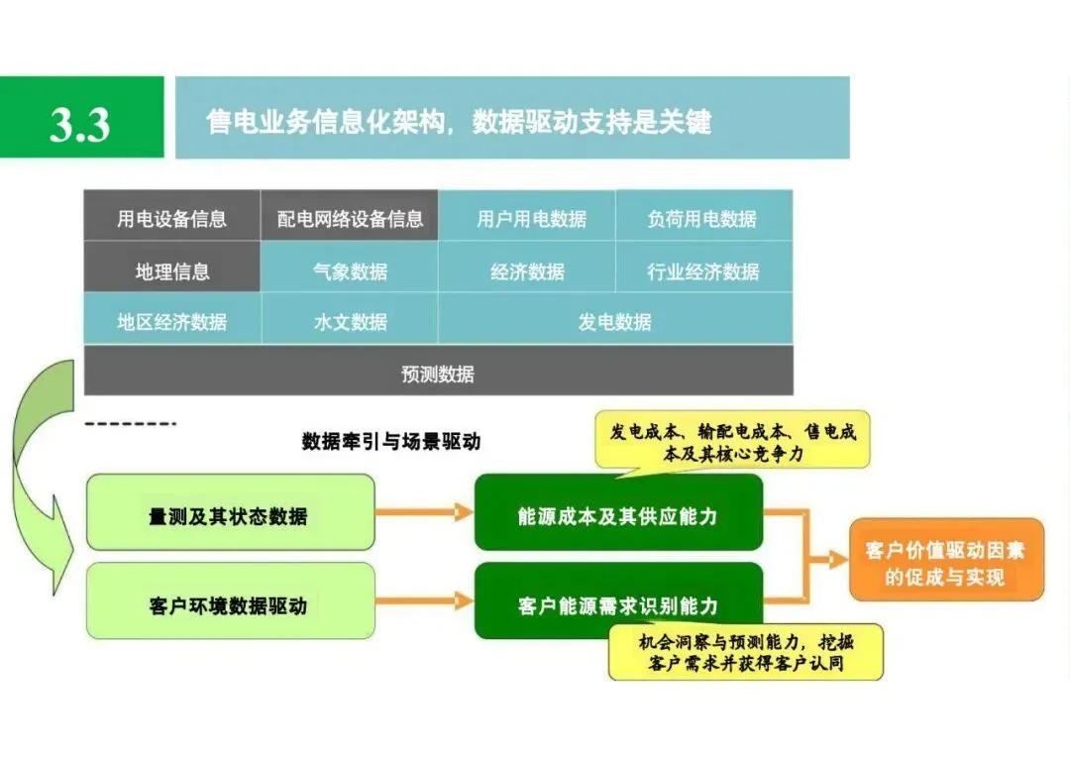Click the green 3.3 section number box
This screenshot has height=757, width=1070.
81,117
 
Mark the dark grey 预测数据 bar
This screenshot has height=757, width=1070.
438,372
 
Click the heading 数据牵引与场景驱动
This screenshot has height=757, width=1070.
390,441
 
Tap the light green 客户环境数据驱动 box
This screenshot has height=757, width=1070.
231,601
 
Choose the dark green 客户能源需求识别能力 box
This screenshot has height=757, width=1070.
618,601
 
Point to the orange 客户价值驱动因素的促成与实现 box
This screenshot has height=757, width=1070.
946,560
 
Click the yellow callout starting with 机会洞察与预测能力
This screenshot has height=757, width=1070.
745,652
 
